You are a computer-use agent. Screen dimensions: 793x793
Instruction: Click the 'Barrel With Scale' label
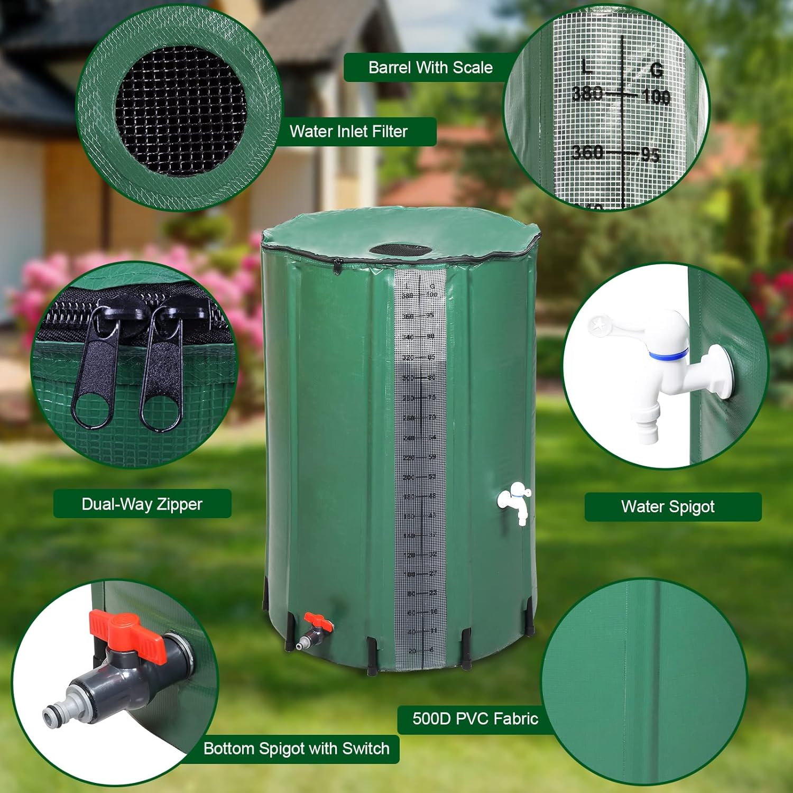click(430, 68)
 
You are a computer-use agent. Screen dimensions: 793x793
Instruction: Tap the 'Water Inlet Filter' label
click(349, 131)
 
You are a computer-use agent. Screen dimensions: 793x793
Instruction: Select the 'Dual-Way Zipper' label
click(142, 504)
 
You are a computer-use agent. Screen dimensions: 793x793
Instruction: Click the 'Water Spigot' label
click(668, 506)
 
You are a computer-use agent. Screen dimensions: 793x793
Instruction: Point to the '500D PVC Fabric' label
click(475, 718)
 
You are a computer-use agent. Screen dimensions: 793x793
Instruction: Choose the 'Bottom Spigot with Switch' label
click(296, 749)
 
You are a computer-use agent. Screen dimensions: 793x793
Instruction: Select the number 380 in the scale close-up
click(587, 94)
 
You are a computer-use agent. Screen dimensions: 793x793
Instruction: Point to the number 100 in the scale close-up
click(656, 97)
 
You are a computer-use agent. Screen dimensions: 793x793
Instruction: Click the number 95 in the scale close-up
click(650, 155)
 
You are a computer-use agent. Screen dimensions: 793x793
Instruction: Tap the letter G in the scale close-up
click(657, 70)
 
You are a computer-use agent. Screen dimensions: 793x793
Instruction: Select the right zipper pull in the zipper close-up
click(161, 373)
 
